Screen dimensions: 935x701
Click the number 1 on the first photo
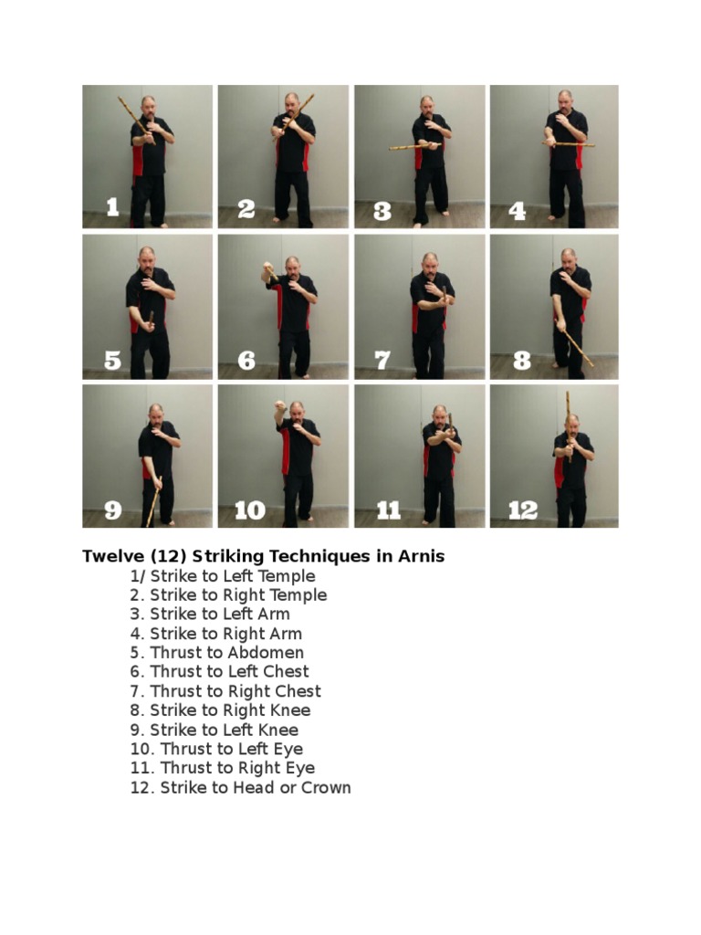coord(112,208)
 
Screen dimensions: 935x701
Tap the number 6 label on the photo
coord(246,361)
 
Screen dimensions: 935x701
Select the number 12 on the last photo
coord(522,510)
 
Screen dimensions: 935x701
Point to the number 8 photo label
coord(521,361)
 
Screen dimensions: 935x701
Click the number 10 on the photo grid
coord(250,510)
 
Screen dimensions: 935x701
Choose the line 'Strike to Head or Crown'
coord(240,787)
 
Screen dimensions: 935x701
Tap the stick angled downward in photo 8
coord(576,347)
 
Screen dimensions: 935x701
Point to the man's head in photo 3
coord(425,103)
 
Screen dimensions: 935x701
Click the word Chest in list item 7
coord(295,691)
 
